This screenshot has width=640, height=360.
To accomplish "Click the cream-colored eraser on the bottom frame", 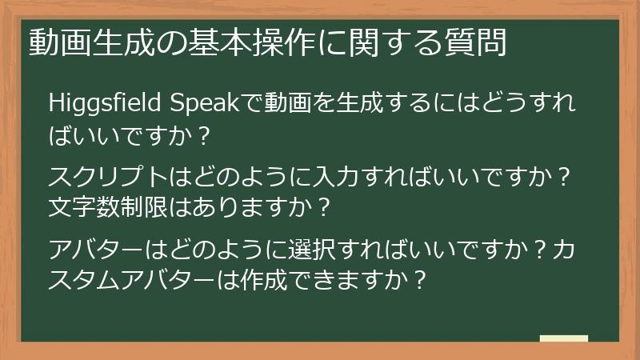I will pyautogui.click(x=564, y=338).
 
